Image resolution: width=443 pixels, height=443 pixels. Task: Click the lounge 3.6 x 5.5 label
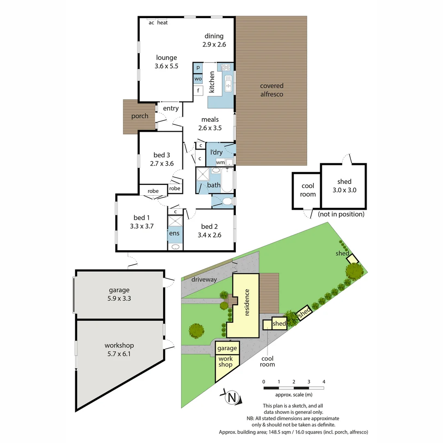point(166,62)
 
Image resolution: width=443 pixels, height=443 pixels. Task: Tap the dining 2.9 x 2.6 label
point(214,40)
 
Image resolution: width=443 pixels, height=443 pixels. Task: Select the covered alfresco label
point(272,90)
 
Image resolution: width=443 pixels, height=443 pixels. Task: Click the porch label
point(140,116)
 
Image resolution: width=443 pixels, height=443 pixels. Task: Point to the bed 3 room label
point(162,159)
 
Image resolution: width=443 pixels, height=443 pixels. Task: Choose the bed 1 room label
point(142,221)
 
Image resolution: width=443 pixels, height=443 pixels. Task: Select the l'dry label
point(217,152)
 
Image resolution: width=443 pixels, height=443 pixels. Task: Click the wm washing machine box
point(220,162)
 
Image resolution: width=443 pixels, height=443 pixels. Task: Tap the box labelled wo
point(198,78)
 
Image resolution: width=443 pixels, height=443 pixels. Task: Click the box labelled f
point(198,90)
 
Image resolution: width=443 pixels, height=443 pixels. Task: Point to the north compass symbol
point(232,397)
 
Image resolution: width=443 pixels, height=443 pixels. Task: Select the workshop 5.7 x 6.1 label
point(119,349)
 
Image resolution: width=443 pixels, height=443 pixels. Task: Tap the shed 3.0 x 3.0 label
point(344,186)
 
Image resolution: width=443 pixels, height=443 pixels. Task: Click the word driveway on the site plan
point(204,279)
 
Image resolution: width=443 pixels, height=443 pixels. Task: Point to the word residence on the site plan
point(247,302)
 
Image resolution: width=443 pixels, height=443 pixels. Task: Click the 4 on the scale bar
point(324,382)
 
